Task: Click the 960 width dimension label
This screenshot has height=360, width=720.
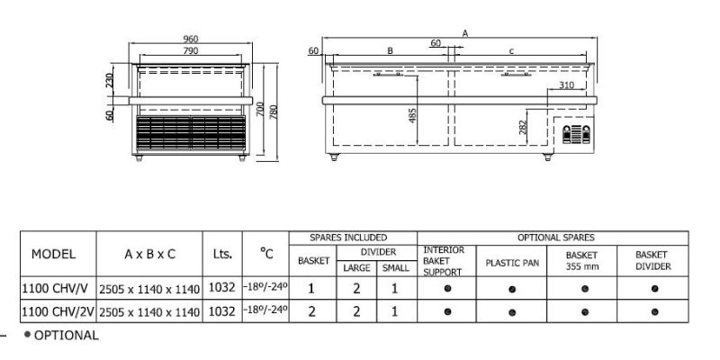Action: (191, 39)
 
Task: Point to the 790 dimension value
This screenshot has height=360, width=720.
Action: (191, 50)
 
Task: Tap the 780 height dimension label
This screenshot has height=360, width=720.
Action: (274, 112)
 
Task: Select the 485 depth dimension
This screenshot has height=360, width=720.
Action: (412, 116)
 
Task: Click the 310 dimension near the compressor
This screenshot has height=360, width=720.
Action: (567, 85)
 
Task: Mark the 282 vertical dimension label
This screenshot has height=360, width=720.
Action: (523, 126)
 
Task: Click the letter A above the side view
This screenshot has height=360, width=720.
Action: (465, 33)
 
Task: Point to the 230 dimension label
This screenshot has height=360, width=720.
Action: (109, 81)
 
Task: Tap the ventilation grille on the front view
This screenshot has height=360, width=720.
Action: (191, 133)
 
